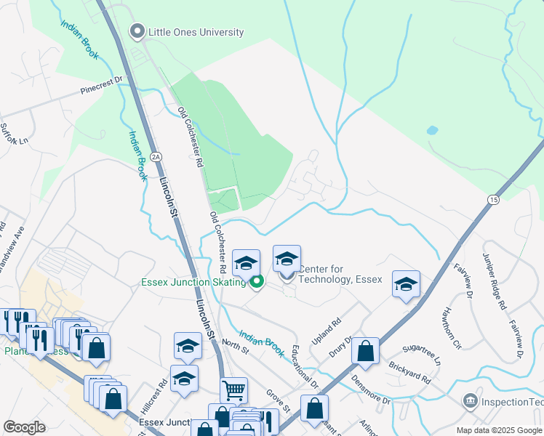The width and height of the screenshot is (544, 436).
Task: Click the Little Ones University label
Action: click(196, 32)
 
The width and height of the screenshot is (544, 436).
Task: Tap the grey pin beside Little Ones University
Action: click(136, 31)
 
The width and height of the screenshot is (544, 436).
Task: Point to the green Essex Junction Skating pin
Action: click(257, 282)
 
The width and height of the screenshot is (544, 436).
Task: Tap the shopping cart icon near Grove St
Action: click(233, 390)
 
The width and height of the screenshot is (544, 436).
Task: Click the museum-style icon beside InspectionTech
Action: click(471, 400)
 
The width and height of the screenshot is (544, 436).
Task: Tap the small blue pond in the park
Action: click(433, 132)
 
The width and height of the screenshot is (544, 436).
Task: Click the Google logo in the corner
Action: click(24, 427)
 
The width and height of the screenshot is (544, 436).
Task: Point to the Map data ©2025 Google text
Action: click(499, 430)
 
